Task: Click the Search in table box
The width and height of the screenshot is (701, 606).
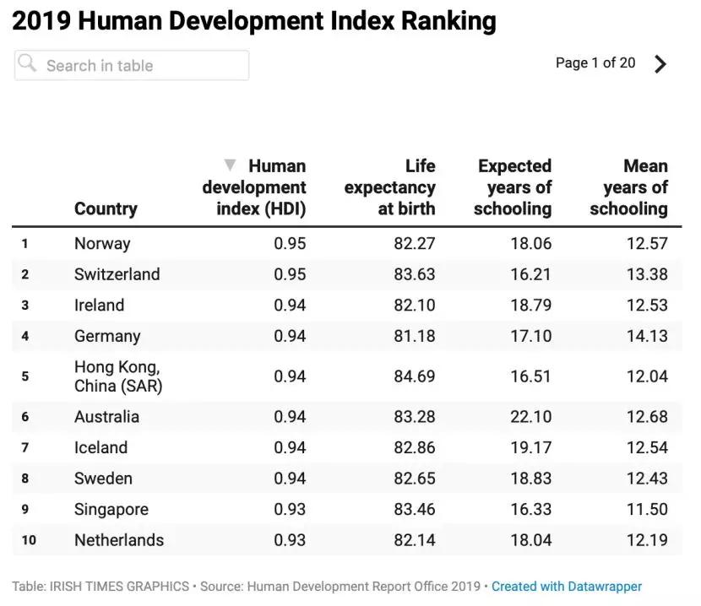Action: click(131, 65)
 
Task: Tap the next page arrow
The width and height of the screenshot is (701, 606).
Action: click(660, 64)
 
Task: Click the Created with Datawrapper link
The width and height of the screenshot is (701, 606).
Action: click(567, 586)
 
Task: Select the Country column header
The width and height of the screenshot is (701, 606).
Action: click(106, 208)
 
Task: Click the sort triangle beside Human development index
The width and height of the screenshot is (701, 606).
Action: click(230, 165)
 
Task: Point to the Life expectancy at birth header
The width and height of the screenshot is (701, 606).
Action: click(390, 187)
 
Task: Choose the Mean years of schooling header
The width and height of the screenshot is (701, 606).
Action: click(629, 187)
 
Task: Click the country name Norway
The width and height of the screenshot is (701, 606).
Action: click(102, 244)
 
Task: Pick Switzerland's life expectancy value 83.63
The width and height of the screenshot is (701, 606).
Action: click(414, 274)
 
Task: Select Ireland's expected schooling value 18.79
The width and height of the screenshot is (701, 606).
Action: click(530, 305)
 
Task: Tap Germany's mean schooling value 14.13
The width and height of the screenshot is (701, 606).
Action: click(647, 336)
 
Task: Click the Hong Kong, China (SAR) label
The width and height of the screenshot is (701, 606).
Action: click(118, 376)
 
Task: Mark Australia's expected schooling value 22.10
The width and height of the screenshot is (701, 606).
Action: click(530, 417)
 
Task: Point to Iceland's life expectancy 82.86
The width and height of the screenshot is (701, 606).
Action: click(414, 447)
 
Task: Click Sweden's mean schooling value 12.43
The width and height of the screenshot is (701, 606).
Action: click(647, 479)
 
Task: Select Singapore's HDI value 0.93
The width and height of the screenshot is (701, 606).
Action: click(290, 509)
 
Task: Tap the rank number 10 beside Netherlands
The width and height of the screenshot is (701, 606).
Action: click(29, 540)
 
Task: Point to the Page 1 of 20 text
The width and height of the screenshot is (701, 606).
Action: click(595, 63)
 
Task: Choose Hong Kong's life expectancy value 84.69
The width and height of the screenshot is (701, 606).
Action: click(414, 376)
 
